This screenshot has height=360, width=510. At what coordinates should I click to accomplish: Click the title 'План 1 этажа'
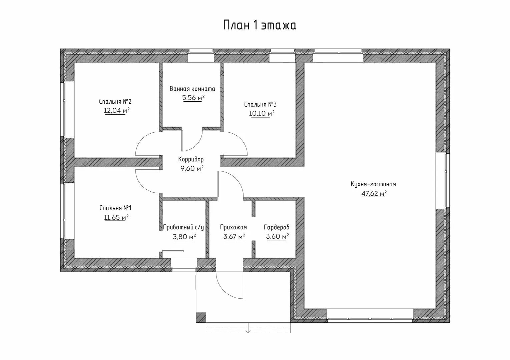[260, 25]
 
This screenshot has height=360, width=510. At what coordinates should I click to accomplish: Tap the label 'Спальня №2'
[117, 101]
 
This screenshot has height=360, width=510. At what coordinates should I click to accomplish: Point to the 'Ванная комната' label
[192, 89]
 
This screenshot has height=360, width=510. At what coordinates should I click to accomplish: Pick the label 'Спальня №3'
[261, 104]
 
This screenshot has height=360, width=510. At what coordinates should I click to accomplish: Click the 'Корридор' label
[191, 159]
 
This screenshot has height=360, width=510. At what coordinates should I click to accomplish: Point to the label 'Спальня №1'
[115, 208]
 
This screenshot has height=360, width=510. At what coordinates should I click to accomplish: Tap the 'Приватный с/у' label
[183, 227]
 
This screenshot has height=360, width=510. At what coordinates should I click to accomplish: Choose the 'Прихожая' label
[233, 227]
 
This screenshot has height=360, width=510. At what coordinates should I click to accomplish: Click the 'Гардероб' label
[277, 227]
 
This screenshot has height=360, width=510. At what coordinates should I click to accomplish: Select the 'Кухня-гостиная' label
[373, 184]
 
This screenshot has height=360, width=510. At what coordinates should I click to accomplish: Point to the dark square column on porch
[201, 317]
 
